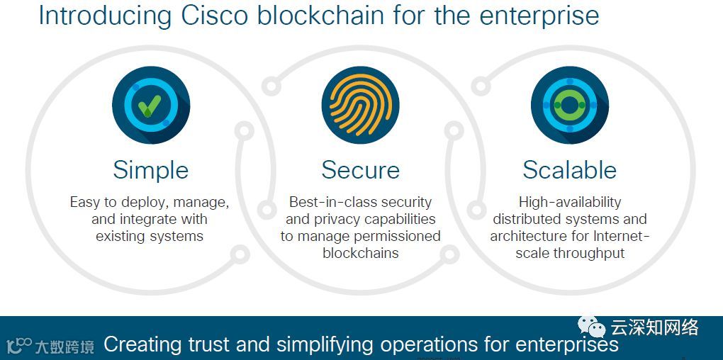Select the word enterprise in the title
tap(537, 16)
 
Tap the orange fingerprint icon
tap(360, 105)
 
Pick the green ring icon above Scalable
tap(569, 105)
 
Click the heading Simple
tap(150, 170)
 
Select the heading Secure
tap(360, 170)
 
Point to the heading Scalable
tap(569, 170)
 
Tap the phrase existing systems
tap(150, 236)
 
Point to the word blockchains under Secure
tap(360, 253)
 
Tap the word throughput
tap(590, 253)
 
